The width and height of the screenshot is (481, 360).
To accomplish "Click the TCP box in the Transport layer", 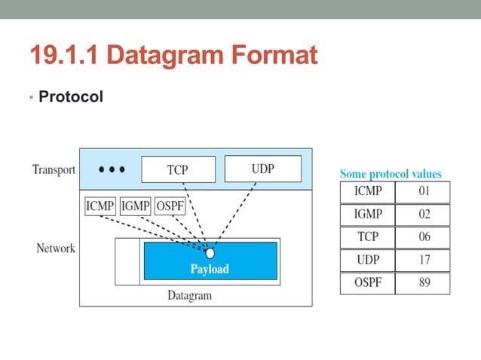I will click(178, 169).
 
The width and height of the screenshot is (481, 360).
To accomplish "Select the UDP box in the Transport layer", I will click(262, 169).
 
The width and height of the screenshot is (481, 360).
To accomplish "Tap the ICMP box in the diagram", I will click(100, 206).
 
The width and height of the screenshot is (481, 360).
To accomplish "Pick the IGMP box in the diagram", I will click(136, 206).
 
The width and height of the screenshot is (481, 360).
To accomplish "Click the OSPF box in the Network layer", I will click(171, 206).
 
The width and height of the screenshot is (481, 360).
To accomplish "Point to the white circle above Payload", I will click(210, 252).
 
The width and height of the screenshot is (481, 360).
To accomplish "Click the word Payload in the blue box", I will click(210, 269).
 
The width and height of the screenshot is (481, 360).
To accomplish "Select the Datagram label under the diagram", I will click(189, 295).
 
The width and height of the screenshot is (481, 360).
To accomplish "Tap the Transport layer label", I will click(54, 169).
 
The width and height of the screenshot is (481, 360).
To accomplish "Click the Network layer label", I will click(56, 248).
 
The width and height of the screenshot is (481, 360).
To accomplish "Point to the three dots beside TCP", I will click(112, 169).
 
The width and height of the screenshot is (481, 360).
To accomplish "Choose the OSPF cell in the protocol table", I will click(367, 283).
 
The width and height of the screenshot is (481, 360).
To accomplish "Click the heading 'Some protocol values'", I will click(391, 174).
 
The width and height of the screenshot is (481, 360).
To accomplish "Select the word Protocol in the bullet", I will click(71, 97).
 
